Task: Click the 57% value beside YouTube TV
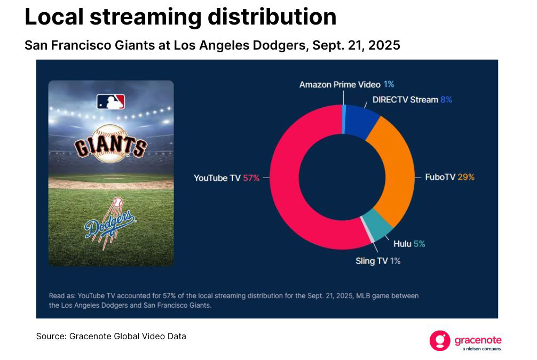pos(251,178)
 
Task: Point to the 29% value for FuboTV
pos(466,177)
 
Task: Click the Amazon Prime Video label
pos(340,84)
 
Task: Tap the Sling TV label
pos(372,261)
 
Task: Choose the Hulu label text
pos(402,244)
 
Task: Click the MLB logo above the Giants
pos(110,102)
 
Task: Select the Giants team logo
pos(110,144)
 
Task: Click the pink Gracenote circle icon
pos(440,341)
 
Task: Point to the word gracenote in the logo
pos(478,339)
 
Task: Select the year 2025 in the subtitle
pos(382,45)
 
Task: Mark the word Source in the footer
pos(51,337)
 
